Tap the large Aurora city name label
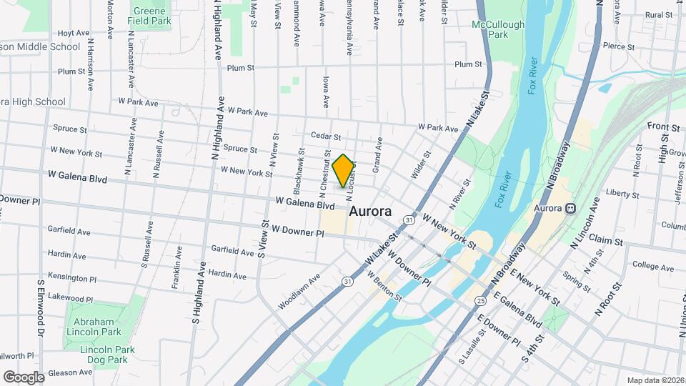coord(369,212)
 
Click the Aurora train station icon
coord(570,209)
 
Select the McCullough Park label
coord(498,29)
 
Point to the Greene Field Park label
coord(149,16)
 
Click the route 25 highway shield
coord(481,300)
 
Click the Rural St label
coord(658,14)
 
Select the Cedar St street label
coord(326,136)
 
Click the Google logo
coord(24,377)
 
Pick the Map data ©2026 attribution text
coord(655,380)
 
